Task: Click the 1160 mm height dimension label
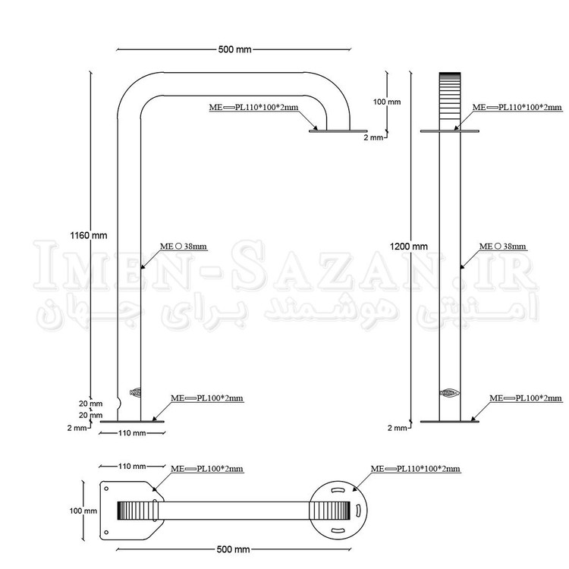pos(89,235)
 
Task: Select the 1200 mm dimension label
pos(409,247)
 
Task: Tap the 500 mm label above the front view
pos(234,49)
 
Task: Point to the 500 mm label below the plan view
pos(234,549)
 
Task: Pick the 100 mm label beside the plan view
pos(83,511)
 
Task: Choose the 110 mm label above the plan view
pos(132,467)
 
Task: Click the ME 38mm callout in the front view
pos(184,247)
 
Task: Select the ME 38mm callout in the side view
pos(502,247)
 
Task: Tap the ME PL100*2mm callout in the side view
pos(526,398)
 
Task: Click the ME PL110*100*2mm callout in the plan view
pos(416,469)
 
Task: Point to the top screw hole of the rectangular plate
pos(106,489)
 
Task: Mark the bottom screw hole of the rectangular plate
pos(106,533)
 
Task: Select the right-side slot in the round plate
pos(357,511)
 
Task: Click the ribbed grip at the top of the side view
pos(450,93)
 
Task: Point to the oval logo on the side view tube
pos(450,393)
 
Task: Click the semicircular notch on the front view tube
pos(119,404)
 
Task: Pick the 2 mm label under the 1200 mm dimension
pos(398,428)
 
